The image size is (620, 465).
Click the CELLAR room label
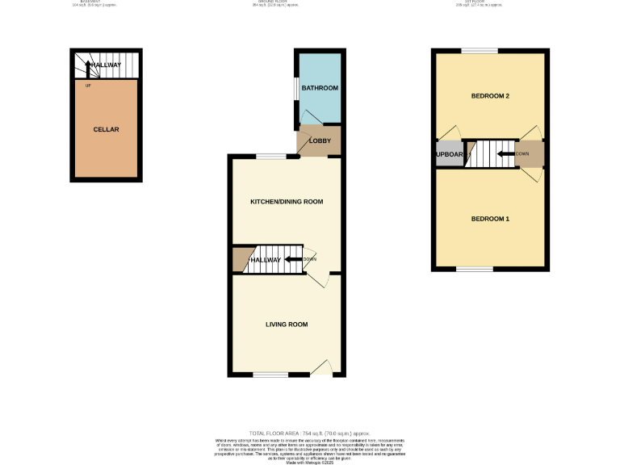coord(107,129)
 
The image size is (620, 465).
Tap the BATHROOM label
coord(319,88)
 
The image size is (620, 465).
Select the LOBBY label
coord(320,141)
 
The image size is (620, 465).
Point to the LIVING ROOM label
coord(287,325)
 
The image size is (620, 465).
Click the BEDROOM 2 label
coord(490,97)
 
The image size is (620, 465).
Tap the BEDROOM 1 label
coord(490,219)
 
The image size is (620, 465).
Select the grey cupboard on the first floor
coord(449,154)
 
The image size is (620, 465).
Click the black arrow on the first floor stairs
coord(507,154)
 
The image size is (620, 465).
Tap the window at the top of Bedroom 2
coord(480,52)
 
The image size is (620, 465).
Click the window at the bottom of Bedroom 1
coord(475,269)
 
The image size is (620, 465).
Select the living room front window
coord(270,375)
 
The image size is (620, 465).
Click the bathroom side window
coord(295,90)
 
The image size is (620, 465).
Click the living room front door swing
coord(322,367)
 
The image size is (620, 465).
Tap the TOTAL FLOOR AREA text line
coord(310,434)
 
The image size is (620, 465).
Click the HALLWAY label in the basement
coord(106,65)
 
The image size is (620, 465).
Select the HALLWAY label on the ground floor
coord(265,260)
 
